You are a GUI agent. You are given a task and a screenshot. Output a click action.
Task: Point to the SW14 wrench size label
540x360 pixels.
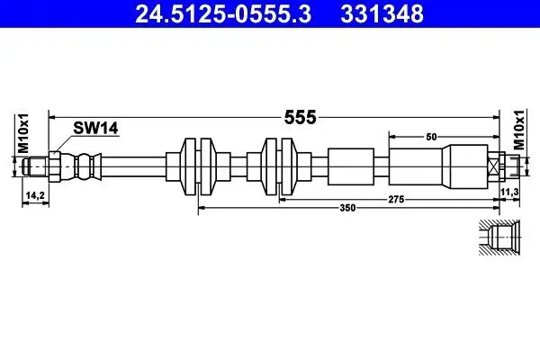96,130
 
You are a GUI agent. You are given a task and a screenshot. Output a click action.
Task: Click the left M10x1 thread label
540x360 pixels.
22,134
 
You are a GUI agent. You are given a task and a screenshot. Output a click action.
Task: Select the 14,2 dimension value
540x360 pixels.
33,193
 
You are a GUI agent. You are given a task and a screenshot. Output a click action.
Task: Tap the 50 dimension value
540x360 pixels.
431,136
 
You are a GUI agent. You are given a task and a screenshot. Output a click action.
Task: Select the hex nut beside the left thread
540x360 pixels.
55,166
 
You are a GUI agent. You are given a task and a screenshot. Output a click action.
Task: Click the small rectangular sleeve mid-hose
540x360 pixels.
349,166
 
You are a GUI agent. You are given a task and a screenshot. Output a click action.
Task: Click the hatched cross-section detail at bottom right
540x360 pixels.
498,238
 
